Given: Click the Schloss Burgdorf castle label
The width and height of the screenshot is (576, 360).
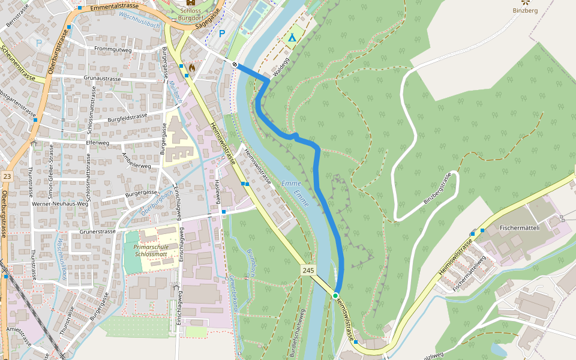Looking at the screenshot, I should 191,14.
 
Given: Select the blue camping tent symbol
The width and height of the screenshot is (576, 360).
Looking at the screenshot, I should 292,38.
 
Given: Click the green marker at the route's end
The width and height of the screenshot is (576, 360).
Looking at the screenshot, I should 335,295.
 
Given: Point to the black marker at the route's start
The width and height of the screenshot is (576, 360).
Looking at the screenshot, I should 235,64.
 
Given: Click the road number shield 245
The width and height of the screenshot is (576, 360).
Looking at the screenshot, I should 308,271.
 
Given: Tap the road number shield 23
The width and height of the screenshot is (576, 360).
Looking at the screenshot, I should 7,176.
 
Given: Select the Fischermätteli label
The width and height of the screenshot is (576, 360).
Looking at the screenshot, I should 520,228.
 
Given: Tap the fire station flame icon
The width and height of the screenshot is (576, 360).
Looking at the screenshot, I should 191,68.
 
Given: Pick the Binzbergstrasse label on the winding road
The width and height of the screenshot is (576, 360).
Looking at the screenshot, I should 436,188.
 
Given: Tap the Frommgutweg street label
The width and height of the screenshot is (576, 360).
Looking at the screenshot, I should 113,49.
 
